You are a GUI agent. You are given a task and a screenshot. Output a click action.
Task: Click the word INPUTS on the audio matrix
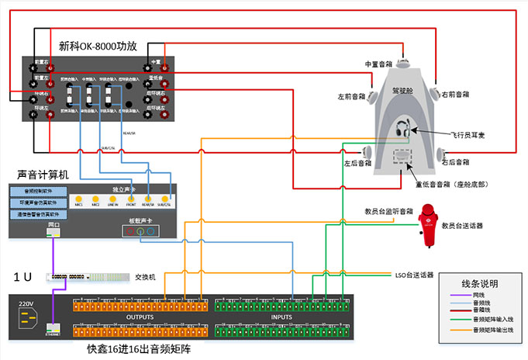point(282,317)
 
